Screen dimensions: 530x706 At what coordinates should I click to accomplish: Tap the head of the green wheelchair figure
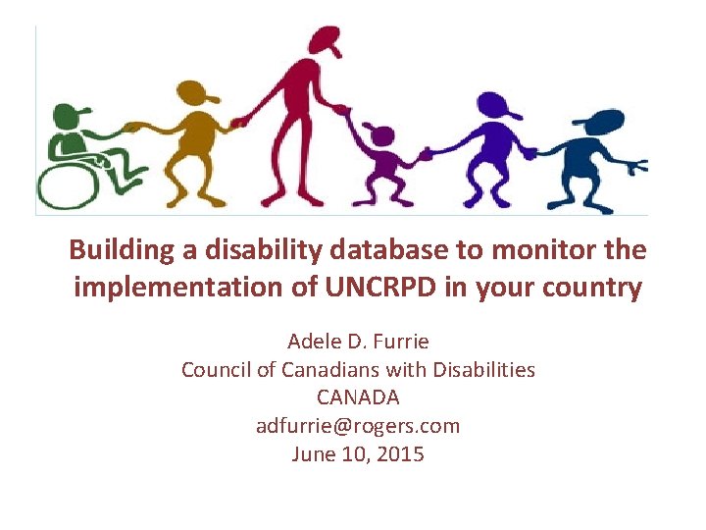coord(67,117)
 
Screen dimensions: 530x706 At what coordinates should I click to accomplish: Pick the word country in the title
coord(592,289)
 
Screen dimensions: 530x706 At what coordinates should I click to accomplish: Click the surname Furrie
coord(400,342)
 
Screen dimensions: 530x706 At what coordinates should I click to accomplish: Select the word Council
coord(216,370)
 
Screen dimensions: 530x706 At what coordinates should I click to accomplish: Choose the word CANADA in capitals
coord(358,398)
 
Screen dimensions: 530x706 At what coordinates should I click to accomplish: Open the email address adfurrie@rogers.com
coord(358,426)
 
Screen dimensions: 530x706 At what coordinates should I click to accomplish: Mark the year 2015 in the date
coord(402,454)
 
